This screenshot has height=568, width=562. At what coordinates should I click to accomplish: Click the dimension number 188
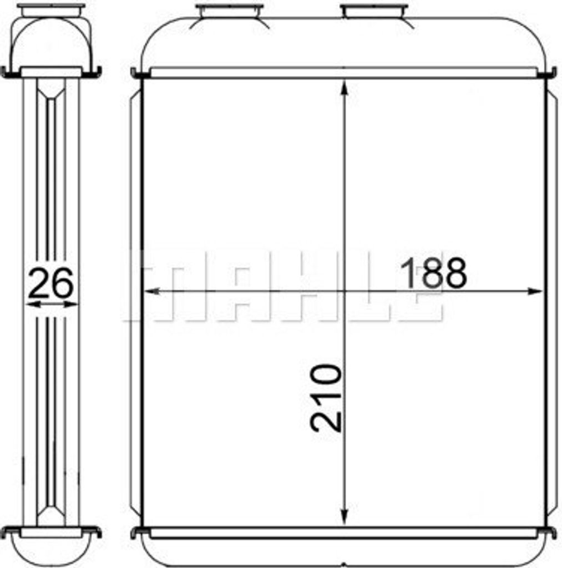[x=433, y=273]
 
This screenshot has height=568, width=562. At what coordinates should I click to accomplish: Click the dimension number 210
[x=326, y=398]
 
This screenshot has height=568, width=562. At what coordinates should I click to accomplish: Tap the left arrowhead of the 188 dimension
[x=152, y=291]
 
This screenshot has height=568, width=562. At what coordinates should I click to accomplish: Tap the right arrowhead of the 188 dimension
[x=534, y=291]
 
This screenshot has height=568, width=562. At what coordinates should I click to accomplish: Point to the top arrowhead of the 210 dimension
[x=344, y=88]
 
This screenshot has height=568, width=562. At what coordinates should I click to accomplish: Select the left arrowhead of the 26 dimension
[x=33, y=305]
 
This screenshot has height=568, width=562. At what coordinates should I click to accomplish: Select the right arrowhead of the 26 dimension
[x=70, y=305]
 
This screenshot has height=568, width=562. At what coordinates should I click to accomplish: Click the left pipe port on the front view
[x=229, y=11]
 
